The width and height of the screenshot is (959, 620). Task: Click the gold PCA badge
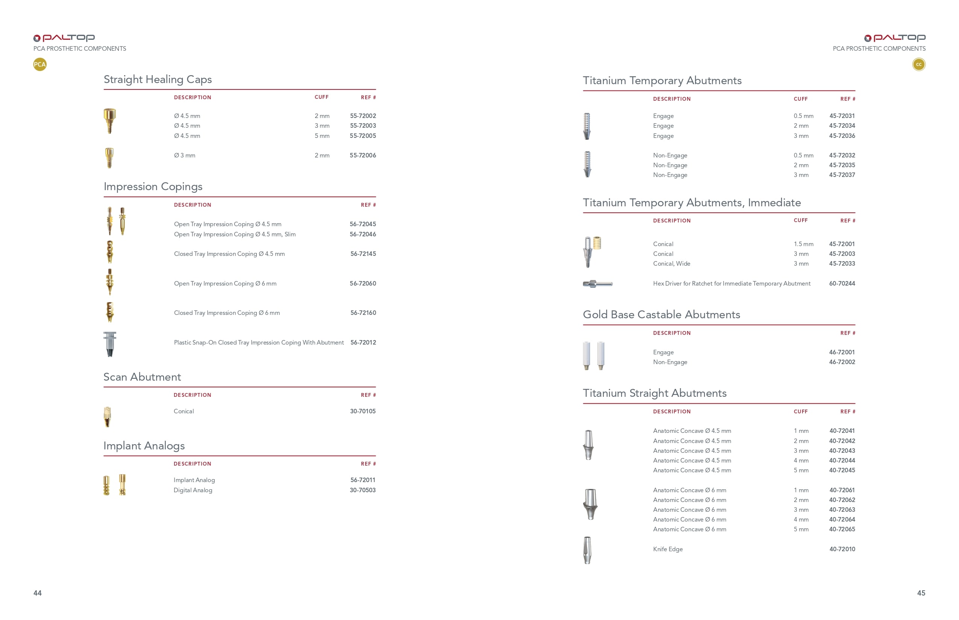click(40, 64)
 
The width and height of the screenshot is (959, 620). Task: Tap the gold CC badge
click(919, 64)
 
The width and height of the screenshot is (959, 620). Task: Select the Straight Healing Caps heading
click(158, 79)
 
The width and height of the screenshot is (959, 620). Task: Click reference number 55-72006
click(363, 156)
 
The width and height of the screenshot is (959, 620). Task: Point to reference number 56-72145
click(363, 254)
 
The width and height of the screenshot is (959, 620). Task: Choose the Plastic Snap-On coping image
click(109, 344)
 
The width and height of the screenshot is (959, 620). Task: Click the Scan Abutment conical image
click(107, 417)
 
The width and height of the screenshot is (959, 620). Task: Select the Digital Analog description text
click(193, 490)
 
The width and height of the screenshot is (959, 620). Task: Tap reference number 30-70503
click(363, 490)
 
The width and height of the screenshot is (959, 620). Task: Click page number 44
click(38, 593)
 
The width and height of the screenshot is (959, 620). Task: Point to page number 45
click(921, 593)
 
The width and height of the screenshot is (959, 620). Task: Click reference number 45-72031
click(842, 116)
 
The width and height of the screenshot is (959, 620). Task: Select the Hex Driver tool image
click(598, 284)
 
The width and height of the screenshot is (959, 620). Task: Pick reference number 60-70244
click(842, 283)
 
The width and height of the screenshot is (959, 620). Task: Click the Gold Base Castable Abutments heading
click(661, 315)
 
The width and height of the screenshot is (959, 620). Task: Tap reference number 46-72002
click(842, 362)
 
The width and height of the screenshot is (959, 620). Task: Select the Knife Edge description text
click(668, 549)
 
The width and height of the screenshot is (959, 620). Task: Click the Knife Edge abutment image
click(587, 550)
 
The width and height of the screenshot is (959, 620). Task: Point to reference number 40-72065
click(842, 529)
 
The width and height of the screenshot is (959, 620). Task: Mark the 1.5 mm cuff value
click(803, 244)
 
